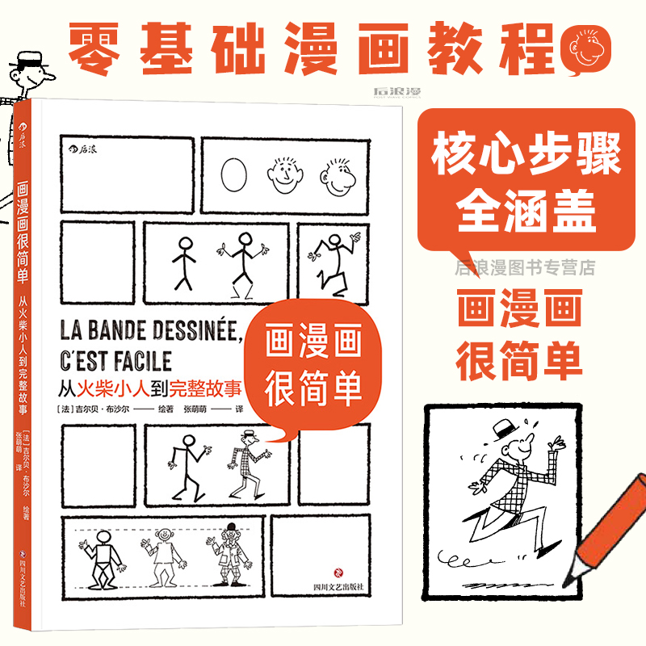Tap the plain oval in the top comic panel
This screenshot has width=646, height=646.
[x=235, y=172]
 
